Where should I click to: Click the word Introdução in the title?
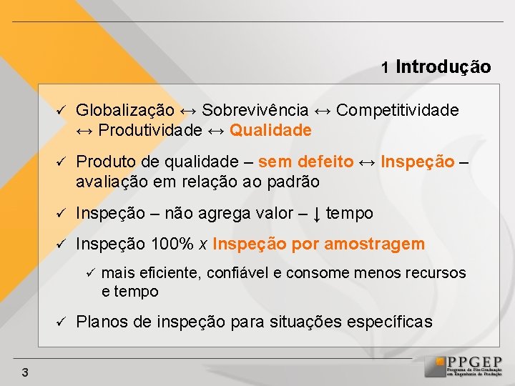click(443, 67)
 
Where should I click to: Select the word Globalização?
click(125, 111)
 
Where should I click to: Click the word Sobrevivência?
click(255, 111)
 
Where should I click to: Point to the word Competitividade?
click(397, 111)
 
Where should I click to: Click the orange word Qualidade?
click(271, 130)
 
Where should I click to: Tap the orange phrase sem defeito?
click(305, 162)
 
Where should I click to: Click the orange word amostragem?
click(375, 244)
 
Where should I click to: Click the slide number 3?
click(25, 372)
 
